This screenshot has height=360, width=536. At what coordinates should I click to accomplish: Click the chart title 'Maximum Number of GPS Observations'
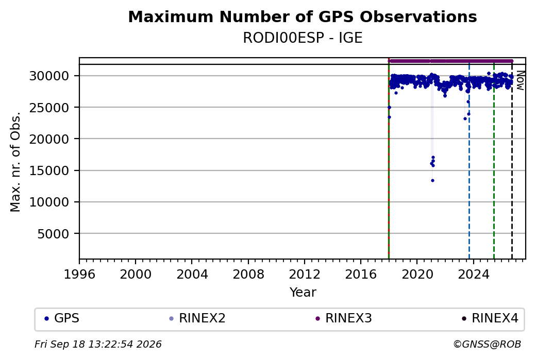[x=303, y=16]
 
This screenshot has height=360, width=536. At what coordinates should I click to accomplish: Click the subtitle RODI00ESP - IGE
[x=303, y=38]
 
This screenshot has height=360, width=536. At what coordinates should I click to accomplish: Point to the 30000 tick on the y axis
[x=49, y=76]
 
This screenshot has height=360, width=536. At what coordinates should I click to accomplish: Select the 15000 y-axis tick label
[x=49, y=170]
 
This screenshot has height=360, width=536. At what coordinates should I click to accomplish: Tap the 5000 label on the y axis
[x=53, y=234]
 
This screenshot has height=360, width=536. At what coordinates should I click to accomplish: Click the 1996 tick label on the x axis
[x=79, y=274]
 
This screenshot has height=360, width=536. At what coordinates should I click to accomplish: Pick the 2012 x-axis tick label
[x=304, y=274]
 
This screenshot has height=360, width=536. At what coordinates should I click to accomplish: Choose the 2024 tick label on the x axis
[x=473, y=274]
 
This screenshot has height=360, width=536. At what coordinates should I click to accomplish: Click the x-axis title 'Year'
[x=303, y=293]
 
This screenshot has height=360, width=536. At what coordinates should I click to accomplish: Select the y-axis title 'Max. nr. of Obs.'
[x=15, y=162]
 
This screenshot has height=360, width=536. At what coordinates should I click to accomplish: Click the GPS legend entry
[x=62, y=318]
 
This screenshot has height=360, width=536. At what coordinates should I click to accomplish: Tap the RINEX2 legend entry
[x=197, y=318]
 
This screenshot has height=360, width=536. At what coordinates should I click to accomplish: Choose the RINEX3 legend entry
[x=344, y=318]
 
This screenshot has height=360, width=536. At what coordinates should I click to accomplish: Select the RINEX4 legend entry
[x=490, y=318]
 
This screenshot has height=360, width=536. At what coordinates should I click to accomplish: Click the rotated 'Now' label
[x=520, y=80]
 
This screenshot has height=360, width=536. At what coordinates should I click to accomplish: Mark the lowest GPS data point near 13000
[x=432, y=180]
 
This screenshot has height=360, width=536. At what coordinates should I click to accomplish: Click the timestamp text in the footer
[x=98, y=344]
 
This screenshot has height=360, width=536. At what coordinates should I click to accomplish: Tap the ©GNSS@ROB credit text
[x=487, y=344]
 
